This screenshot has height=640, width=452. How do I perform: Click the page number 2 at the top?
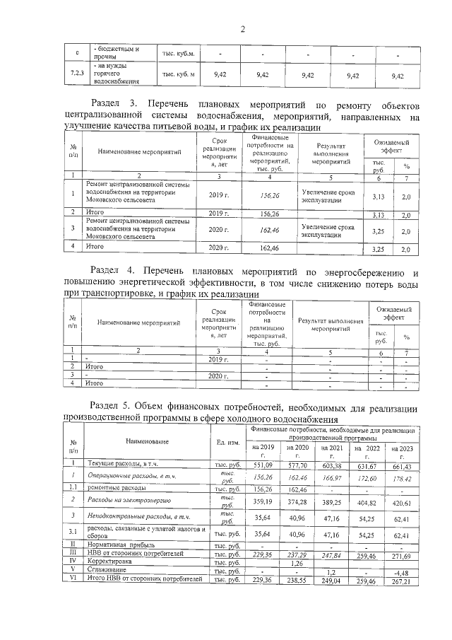click(242, 29)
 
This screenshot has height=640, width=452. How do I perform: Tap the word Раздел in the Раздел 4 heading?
click(114, 272)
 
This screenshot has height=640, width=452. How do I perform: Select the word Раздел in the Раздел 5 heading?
click(114, 408)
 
